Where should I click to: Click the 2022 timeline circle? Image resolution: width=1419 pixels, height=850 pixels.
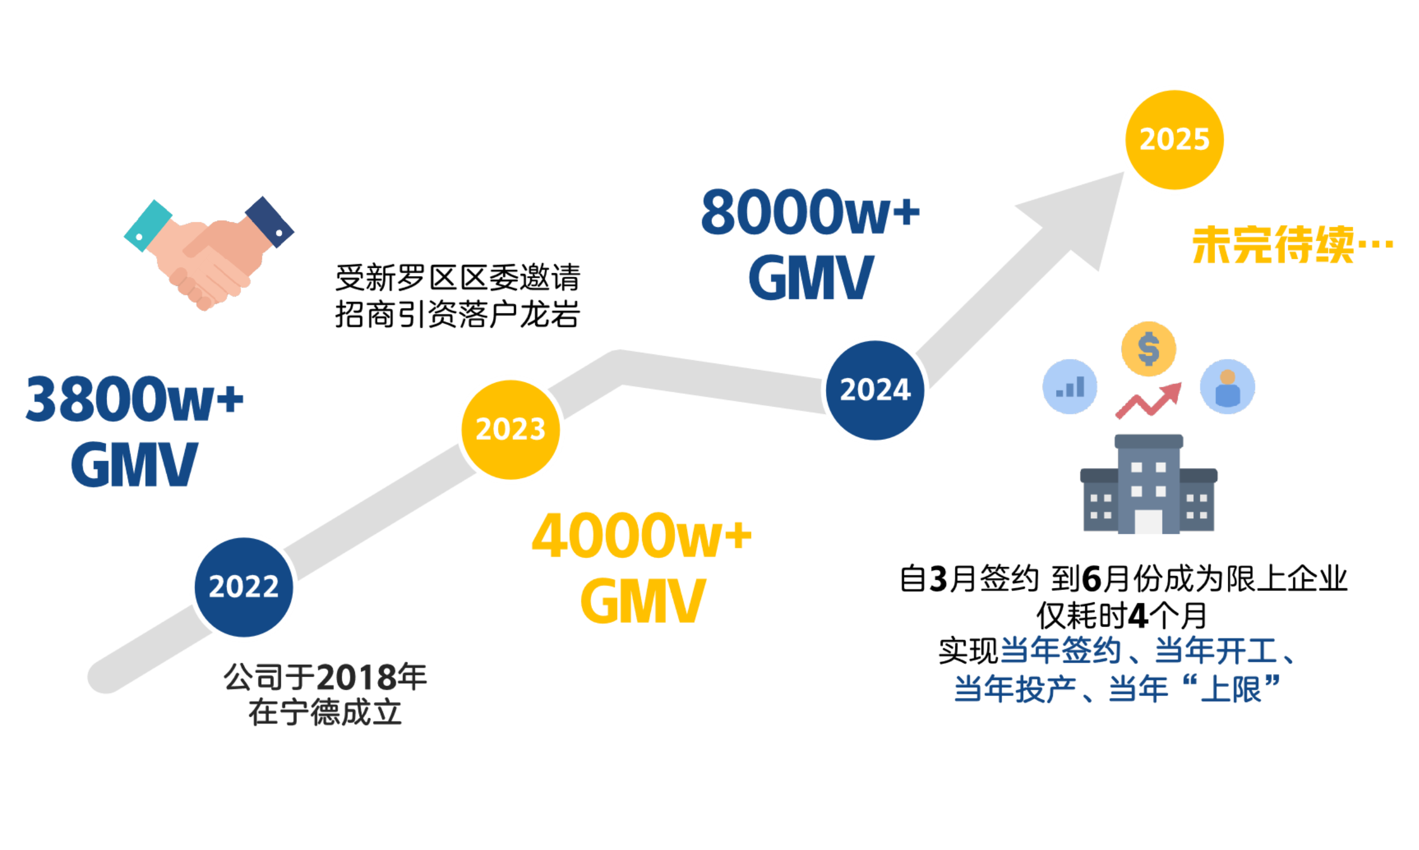coord(243,587)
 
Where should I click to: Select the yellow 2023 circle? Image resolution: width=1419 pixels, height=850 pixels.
coord(510,429)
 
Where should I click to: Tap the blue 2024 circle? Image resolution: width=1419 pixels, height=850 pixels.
coord(875,389)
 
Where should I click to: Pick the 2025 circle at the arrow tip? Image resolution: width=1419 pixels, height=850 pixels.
coord(1174,140)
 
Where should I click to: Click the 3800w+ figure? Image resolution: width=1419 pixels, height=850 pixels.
coord(135,399)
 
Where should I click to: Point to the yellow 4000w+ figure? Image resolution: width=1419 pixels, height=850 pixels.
coord(641,536)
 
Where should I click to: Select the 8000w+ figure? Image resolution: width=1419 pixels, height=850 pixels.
coord(810,212)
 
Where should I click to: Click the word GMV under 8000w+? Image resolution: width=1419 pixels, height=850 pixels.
coord(810,278)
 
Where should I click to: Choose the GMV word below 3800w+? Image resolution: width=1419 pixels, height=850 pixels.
coord(134,464)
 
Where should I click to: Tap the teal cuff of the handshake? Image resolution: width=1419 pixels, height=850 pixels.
coord(147,226)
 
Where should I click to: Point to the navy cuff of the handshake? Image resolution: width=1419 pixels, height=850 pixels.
coord(270,222)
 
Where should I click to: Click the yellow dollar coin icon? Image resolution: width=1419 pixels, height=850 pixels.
coord(1149,349)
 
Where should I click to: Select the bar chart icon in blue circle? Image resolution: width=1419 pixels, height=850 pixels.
coord(1069,387)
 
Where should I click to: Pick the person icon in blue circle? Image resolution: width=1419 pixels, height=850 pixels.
coord(1227,387)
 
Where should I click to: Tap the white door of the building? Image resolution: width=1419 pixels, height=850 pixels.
coord(1149,521)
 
